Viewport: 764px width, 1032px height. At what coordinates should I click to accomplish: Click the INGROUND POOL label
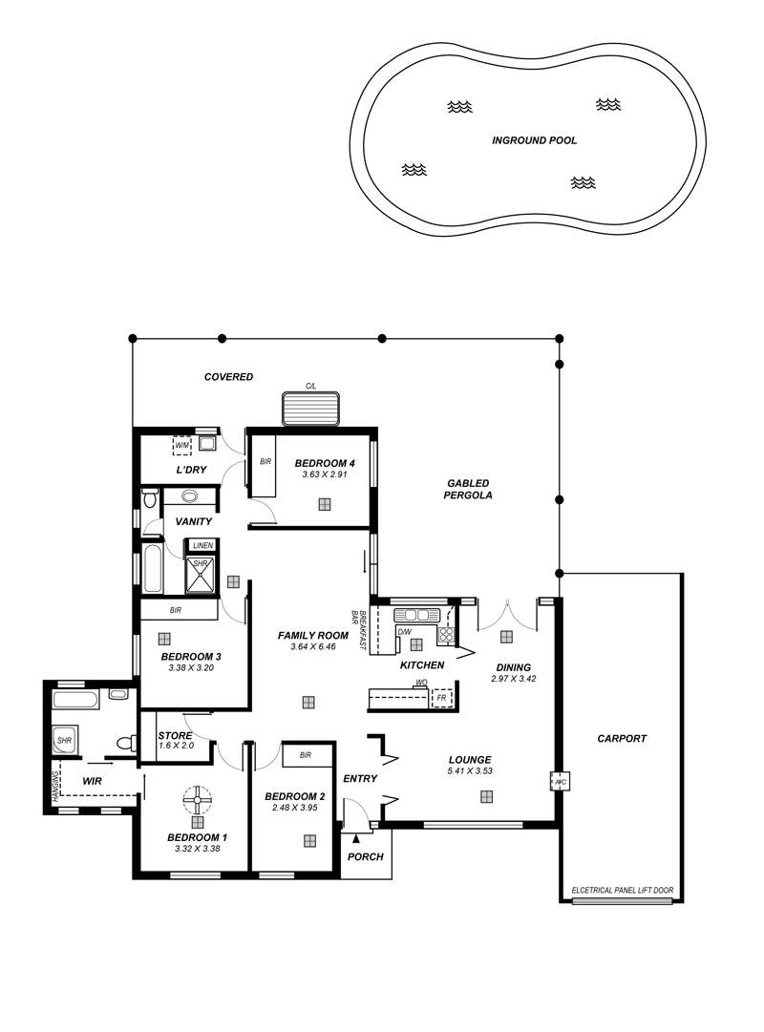click(534, 140)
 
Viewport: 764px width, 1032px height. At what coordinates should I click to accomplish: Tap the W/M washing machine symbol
click(181, 446)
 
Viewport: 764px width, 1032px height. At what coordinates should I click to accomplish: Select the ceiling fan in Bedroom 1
click(197, 800)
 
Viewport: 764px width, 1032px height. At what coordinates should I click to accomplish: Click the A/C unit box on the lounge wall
click(561, 781)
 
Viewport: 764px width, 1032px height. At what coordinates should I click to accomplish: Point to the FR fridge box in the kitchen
click(441, 698)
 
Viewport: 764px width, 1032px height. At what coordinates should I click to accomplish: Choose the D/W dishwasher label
click(404, 632)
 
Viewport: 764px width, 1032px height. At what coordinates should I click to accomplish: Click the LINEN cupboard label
click(202, 546)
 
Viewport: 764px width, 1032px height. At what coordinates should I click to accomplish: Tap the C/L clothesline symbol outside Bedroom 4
click(311, 408)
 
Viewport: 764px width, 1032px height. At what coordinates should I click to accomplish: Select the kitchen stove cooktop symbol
click(446, 635)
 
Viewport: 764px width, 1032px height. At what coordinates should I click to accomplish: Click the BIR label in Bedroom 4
click(265, 462)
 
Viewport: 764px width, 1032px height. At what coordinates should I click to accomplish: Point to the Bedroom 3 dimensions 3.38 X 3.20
click(191, 667)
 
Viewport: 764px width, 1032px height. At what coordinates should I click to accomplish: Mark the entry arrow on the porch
click(356, 838)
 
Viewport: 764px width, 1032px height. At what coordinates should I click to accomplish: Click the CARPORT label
click(622, 739)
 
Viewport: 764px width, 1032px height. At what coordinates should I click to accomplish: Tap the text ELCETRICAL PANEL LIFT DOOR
click(623, 890)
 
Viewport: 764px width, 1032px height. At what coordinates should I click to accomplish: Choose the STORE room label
click(175, 735)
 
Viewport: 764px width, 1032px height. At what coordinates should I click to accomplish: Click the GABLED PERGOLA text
click(468, 489)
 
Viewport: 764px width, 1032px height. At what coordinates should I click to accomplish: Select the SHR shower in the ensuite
click(65, 741)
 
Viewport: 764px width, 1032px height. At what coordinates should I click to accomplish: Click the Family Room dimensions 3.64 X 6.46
click(313, 647)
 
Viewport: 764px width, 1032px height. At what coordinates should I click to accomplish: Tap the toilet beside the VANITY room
click(149, 497)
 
